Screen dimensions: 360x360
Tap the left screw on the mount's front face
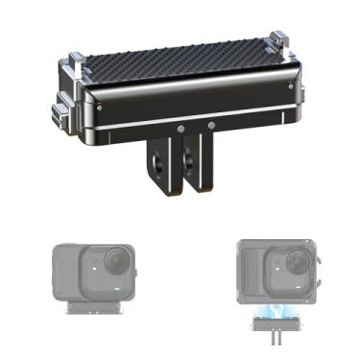coord(180,126)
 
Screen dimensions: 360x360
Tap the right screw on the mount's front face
coord(211,125)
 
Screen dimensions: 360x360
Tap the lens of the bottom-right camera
coord(281,260)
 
